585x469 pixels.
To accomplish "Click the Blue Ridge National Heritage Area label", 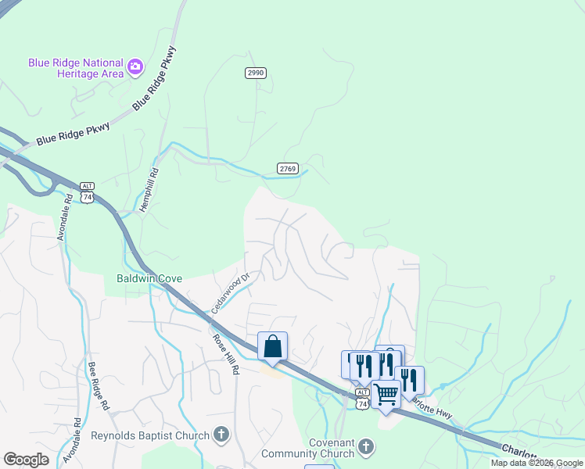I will [x=75, y=68].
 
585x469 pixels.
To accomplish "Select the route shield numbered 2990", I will [x=256, y=73].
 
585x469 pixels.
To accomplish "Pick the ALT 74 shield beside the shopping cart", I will [x=361, y=398].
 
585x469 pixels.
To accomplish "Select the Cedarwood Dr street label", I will [x=229, y=293].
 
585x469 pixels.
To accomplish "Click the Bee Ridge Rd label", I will [x=96, y=384].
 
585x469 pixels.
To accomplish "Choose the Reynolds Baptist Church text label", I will [x=150, y=435].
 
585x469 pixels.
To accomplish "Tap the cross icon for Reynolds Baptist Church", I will [x=221, y=435].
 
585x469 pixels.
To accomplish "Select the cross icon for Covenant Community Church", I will [x=365, y=447].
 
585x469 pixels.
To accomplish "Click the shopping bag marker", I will [x=272, y=345].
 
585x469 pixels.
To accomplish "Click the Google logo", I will [x=26, y=460].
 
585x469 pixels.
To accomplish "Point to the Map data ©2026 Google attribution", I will [x=537, y=464].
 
